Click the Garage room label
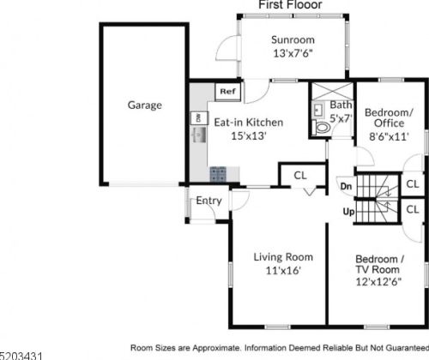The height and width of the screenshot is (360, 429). point(145,105)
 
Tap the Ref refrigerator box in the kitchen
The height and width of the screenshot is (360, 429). point(227,92)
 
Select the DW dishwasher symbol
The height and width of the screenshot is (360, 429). point(199,117)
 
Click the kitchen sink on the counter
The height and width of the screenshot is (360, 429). point(199,135)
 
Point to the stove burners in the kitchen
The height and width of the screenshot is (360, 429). point(218,174)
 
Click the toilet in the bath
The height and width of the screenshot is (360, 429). point(322,128)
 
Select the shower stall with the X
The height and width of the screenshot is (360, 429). point(332,92)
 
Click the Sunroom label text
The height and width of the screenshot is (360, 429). point(293,39)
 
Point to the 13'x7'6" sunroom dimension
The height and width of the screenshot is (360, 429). point(293,53)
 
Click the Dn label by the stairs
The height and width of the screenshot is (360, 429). point(346,187)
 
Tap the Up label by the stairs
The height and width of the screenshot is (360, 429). point(348,212)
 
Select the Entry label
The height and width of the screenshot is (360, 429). point(208,201)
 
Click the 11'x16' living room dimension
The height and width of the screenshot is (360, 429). point(283,270)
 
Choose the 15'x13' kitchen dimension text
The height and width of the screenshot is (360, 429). point(249,135)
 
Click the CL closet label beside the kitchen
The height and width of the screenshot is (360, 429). point(300,176)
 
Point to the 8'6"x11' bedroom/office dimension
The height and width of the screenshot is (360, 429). point(389,136)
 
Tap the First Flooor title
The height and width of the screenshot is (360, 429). point(290,5)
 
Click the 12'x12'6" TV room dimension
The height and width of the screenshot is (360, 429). point(378,282)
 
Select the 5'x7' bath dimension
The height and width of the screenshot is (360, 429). point(341,118)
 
